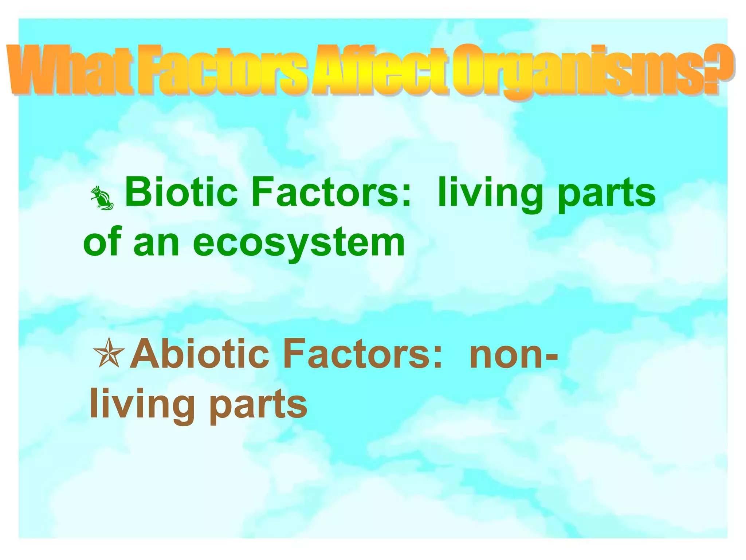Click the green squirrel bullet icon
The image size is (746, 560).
pyautogui.click(x=102, y=198)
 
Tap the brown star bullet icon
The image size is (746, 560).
pyautogui.click(x=109, y=352)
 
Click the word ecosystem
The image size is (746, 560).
pyautogui.click(x=299, y=244)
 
